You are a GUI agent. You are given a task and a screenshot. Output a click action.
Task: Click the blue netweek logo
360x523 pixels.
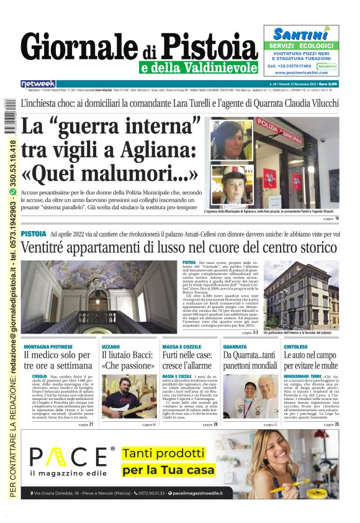coord(38,84)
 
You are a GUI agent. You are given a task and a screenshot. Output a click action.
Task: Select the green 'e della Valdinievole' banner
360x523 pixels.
coord(199,68)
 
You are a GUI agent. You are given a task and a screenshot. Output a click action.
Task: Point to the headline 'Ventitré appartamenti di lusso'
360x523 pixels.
coord(179,247)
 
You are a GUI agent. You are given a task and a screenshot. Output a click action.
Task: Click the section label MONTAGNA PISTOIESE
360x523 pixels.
coord(48,346)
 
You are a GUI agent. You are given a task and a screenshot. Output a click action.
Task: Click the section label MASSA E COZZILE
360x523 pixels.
coord(181,346)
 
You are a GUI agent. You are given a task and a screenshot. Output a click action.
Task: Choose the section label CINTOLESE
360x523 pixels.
coord(295,346)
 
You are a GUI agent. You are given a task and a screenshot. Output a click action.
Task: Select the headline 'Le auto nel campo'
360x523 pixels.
coord(311,360)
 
